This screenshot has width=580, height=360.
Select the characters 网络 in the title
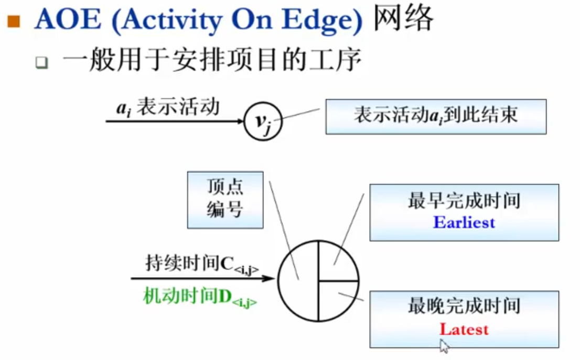point(403,20)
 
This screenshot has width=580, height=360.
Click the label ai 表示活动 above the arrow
point(167,108)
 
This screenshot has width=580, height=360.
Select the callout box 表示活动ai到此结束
point(435,116)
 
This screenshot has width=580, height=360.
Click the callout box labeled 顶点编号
point(225,200)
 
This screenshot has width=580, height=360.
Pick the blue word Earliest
point(464,222)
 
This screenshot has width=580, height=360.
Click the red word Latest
point(464,329)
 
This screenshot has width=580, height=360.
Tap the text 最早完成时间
point(464,202)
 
